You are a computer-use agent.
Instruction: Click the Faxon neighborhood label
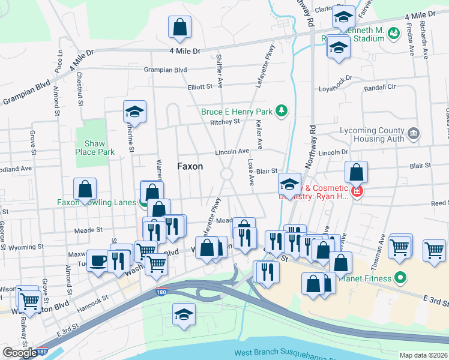[190, 166]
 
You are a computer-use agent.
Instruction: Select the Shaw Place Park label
[95, 148]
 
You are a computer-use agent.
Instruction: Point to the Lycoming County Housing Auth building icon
[413, 134]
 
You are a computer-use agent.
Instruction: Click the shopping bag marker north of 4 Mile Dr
[180, 26]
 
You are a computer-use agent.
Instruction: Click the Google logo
[20, 352]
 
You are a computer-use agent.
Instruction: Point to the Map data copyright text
[424, 355]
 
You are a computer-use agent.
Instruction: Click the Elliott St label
[200, 86]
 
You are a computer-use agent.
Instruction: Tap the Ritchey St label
[224, 121]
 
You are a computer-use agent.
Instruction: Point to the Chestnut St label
[79, 90]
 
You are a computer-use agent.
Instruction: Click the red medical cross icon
[356, 191]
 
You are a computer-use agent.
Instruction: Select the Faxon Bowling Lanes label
[96, 202]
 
